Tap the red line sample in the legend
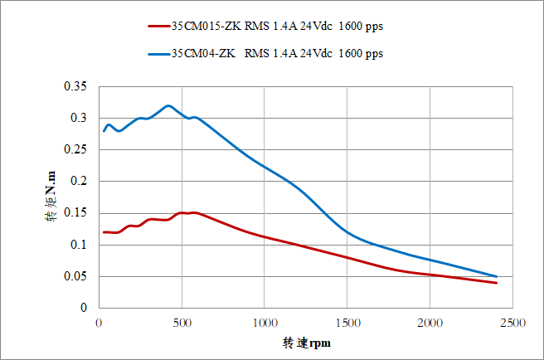pos(158,26)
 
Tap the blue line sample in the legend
pos(158,54)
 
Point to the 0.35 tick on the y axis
pos(75,87)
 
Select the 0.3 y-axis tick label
pos(78,119)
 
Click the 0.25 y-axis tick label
pos(75,150)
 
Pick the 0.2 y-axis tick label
pos(78,182)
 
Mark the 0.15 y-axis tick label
pos(75,213)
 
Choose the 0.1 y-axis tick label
pos(78,245)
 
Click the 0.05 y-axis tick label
pos(75,276)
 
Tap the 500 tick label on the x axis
pos(182,323)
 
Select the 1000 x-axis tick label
pos(265,323)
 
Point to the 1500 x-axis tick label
pos(347,323)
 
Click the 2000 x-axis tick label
pos(430,323)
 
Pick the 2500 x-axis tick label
pos(512,323)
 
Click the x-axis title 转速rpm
pos(305,342)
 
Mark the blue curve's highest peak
pos(168,105)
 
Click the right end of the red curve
pos(496,283)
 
